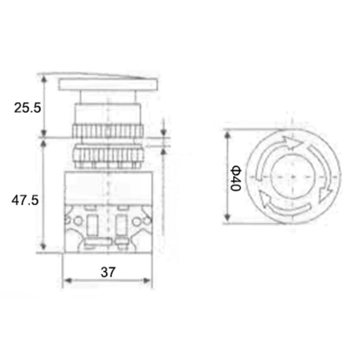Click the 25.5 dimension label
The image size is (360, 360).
27,108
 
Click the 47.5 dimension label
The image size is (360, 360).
25,200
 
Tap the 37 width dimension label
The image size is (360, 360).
108,272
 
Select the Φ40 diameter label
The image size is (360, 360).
236,179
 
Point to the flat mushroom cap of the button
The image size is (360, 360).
108,84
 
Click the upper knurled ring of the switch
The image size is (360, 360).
108,131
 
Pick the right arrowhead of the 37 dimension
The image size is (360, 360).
147,280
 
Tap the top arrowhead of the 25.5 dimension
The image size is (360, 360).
44,80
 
